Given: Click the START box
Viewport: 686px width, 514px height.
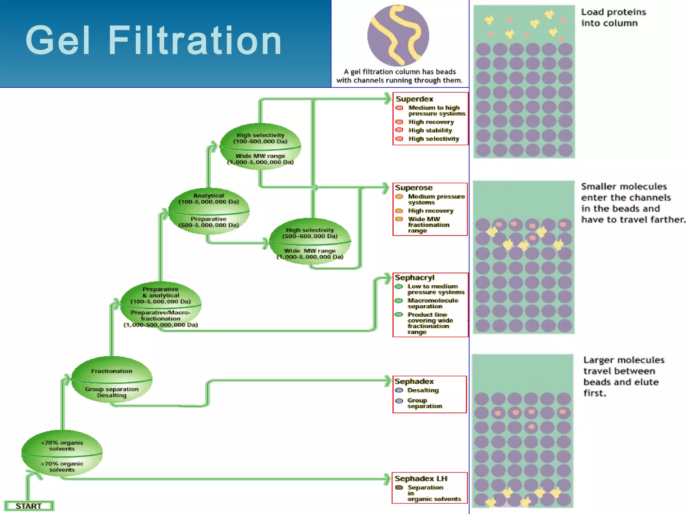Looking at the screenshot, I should coord(29,506).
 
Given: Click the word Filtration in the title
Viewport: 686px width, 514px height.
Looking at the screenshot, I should coord(195,41).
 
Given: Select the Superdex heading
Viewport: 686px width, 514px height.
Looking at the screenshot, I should coord(414,99).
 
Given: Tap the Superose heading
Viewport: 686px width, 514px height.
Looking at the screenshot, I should coord(414,188).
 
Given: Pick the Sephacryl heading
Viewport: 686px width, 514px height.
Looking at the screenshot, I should coord(414,277).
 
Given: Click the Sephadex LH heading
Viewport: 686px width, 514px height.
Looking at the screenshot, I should coord(421,479).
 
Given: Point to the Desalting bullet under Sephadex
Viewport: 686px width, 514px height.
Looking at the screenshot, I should coord(423,390).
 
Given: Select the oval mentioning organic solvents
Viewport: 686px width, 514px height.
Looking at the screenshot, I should coord(62,453).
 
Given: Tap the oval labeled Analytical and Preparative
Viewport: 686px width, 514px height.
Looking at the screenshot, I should coord(209,211).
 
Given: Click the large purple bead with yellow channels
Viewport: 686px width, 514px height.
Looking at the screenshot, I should coord(398,35).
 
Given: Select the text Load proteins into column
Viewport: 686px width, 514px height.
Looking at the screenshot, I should coord(613,17).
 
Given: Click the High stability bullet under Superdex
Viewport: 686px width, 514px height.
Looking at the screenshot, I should coord(430,130).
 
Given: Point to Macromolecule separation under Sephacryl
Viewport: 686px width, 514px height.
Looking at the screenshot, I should coord(432,303).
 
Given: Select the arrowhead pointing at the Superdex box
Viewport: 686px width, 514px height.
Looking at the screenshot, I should coord(388,99).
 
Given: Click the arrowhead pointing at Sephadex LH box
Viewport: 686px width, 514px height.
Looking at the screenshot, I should coord(387,479).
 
